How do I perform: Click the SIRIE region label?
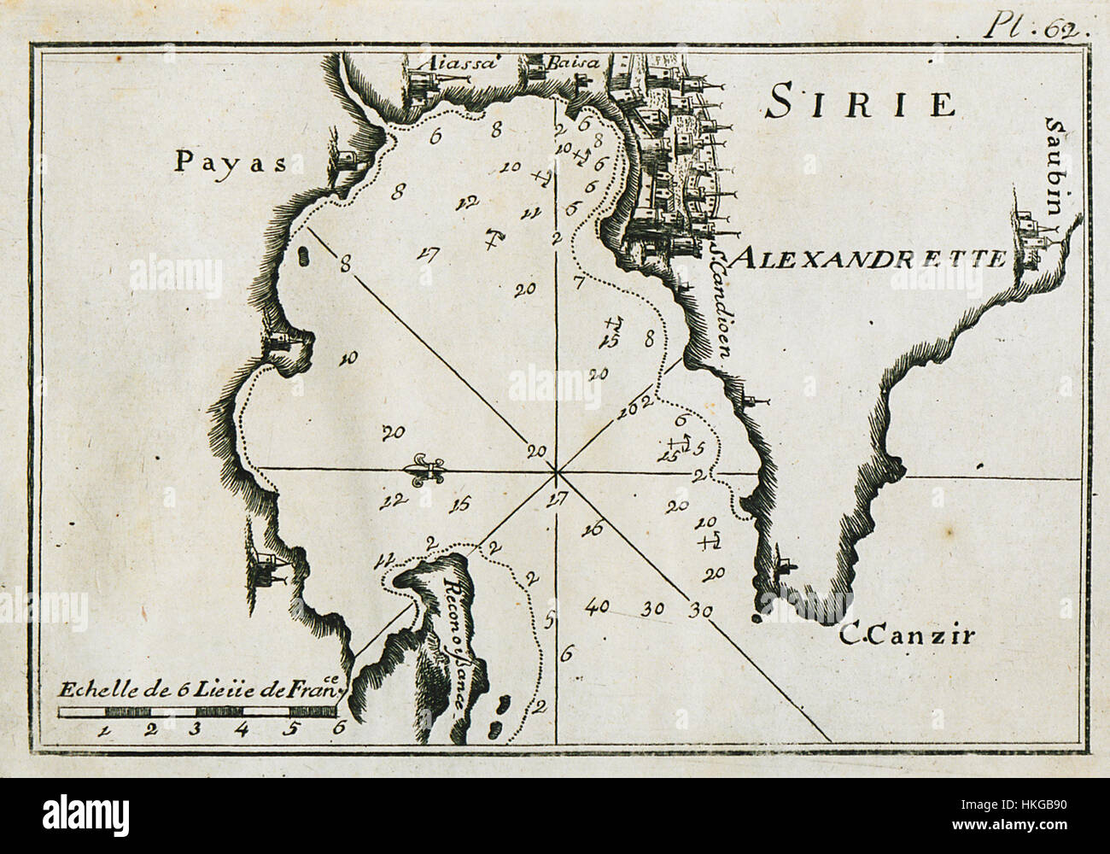(x=858, y=102)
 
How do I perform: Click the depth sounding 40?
(x=597, y=607)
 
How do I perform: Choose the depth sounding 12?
(x=467, y=203)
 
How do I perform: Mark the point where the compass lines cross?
(x=556, y=471)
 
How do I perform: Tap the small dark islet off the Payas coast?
(x=302, y=254)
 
